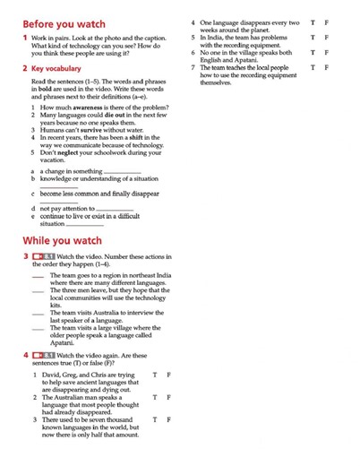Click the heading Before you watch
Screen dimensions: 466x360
(64, 24)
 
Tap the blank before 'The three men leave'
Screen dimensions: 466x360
(37, 292)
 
